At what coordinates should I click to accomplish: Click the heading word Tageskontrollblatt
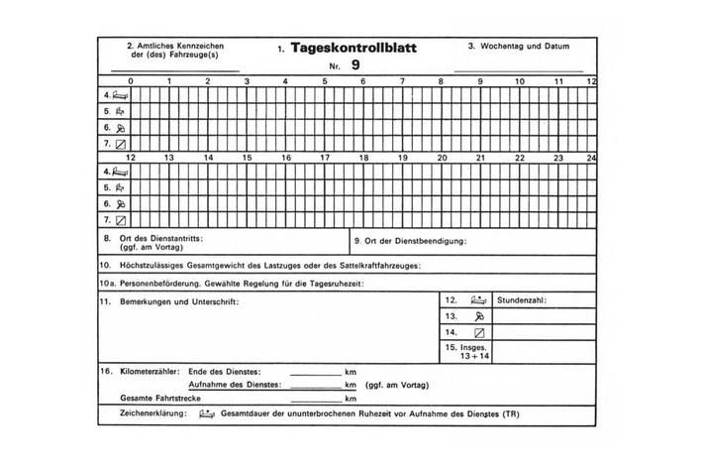click(x=354, y=48)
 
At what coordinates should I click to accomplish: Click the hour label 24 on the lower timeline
click(x=591, y=158)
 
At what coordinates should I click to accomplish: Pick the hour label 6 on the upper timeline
click(x=361, y=80)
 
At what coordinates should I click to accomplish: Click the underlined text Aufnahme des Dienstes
click(x=234, y=383)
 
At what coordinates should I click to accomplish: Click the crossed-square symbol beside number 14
click(x=479, y=332)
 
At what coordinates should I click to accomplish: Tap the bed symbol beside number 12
click(x=479, y=298)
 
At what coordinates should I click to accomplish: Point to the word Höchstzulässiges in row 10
click(x=153, y=265)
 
